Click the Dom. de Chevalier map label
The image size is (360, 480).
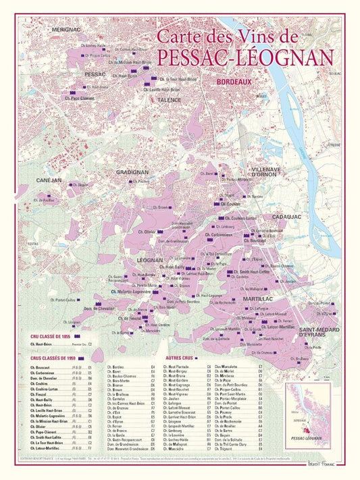tap(98, 309)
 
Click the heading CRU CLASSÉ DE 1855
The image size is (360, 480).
tap(51, 336)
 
